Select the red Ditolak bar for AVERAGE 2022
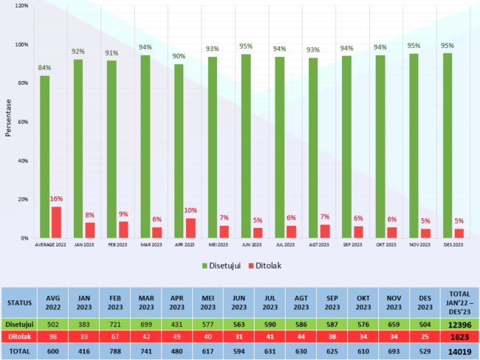point(56,222)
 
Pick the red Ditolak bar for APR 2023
point(191,228)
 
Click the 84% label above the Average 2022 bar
point(45,68)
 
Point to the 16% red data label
point(56,199)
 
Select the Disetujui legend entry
point(224,265)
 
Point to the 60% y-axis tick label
point(22,122)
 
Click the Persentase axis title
point(7,122)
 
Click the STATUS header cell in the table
point(19,302)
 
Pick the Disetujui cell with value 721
point(114,323)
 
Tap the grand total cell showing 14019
point(458,352)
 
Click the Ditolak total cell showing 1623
point(458,337)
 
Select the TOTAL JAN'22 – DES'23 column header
point(458,302)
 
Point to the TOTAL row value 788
point(114,352)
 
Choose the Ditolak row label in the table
point(19,337)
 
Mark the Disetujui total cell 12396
point(458,323)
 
